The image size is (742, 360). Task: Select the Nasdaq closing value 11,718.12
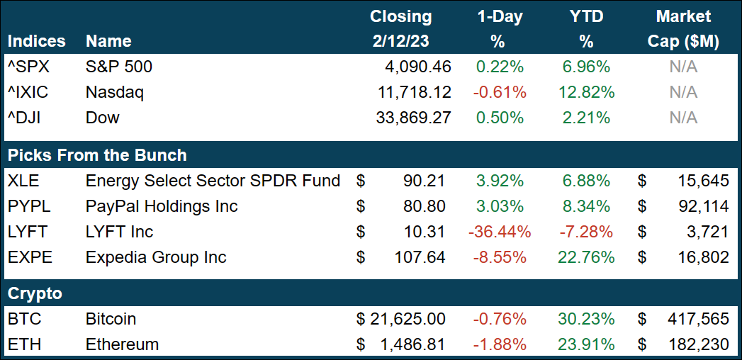(x=413, y=92)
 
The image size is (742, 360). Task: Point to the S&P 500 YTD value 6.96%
(x=586, y=67)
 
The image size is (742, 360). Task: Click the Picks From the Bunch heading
(x=97, y=155)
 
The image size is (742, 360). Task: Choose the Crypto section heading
(x=35, y=293)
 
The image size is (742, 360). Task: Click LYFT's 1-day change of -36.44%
(x=498, y=232)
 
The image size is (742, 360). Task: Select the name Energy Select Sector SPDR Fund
(x=213, y=181)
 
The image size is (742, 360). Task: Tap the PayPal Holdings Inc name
(x=162, y=206)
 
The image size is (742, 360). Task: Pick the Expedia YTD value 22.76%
(x=585, y=257)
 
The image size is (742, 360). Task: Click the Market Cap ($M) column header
(x=683, y=28)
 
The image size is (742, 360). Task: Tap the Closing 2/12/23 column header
(x=400, y=28)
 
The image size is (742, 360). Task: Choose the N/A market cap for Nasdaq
(x=683, y=92)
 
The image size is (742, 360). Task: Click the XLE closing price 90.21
(x=423, y=181)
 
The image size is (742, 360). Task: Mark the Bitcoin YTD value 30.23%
(x=585, y=319)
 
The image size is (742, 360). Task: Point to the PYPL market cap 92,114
(x=699, y=206)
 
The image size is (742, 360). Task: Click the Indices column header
(x=36, y=42)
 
